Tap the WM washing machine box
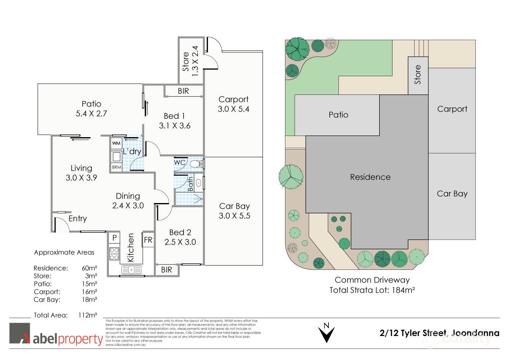(116, 144)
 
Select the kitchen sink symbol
(131, 270)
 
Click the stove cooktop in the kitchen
(114, 254)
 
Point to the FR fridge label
(148, 240)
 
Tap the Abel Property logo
(56, 334)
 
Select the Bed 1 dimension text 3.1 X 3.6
(175, 126)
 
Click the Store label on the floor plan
(186, 62)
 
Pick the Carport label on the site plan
(452, 109)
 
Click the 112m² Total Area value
(88, 315)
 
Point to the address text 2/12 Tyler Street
(413, 333)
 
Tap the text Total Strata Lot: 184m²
(372, 290)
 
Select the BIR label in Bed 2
(166, 270)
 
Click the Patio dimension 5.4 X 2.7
(91, 114)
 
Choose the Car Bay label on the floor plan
(234, 206)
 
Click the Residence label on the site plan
(370, 177)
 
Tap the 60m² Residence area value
(89, 268)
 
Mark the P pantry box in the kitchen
(114, 238)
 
